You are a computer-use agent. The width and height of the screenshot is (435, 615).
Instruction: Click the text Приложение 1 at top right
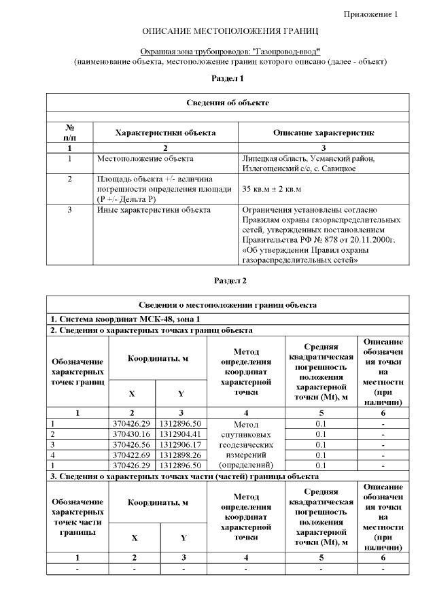coord(370,14)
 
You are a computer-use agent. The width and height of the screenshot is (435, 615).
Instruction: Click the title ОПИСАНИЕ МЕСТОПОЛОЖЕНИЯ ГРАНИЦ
coord(230,32)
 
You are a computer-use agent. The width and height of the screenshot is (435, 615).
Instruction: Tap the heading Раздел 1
coord(228,79)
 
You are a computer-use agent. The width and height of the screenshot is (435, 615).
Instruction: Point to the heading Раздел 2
coord(230,280)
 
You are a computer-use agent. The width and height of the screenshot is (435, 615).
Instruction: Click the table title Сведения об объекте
coord(228,103)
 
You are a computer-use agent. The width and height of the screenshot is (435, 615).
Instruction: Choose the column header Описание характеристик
coord(323,133)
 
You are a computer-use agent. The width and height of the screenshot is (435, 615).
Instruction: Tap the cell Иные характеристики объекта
coord(153,210)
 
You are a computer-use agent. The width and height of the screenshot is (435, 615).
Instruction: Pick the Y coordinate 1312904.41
coord(180,434)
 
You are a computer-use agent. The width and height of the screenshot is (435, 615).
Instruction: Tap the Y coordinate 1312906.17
coord(180,444)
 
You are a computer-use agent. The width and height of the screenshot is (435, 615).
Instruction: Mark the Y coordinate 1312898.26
coord(180,455)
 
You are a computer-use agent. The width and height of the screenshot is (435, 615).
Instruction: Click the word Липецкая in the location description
coord(260,158)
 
